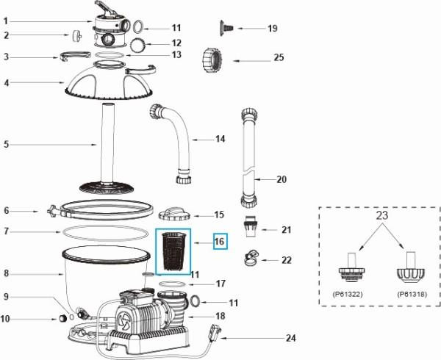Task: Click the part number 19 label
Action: coord(272,29)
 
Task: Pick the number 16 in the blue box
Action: coord(219,241)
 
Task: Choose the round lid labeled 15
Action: coord(175,215)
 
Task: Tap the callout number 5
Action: coord(6,144)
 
